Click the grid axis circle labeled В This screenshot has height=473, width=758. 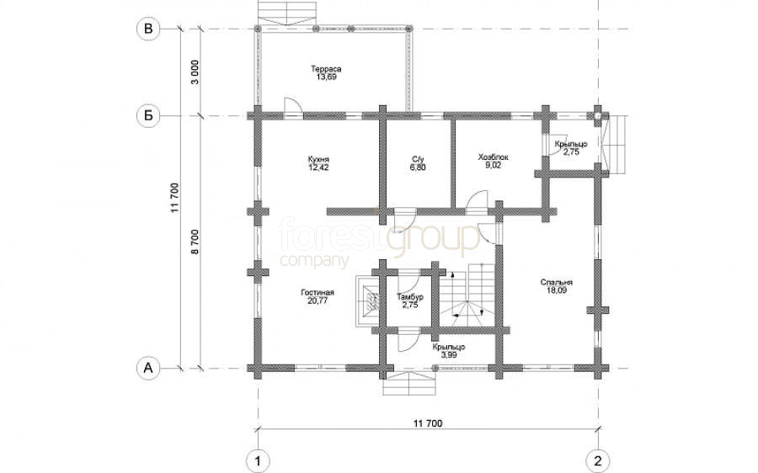click(x=148, y=29)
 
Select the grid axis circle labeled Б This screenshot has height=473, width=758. click(x=148, y=116)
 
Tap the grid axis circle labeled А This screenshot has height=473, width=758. click(x=148, y=368)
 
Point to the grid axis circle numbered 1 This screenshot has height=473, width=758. click(x=258, y=461)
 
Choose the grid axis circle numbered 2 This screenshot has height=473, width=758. click(x=598, y=461)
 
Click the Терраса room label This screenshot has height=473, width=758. click(x=326, y=69)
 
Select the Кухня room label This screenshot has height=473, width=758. click(x=318, y=159)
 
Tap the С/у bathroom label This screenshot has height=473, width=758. click(x=418, y=159)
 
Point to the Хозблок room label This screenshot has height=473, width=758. click(x=493, y=157)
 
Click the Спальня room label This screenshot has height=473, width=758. click(x=557, y=283)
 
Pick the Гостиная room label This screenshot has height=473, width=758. click(x=318, y=293)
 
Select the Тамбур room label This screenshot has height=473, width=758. click(x=410, y=297)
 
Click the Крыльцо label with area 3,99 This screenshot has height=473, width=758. click(x=449, y=351)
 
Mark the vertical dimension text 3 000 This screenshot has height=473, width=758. click(x=195, y=72)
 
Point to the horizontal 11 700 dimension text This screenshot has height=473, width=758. click(x=428, y=423)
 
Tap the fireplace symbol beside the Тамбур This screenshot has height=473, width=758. click(x=369, y=300)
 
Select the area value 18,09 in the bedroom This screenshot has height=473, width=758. click(x=557, y=290)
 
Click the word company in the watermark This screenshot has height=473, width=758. click(x=314, y=260)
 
